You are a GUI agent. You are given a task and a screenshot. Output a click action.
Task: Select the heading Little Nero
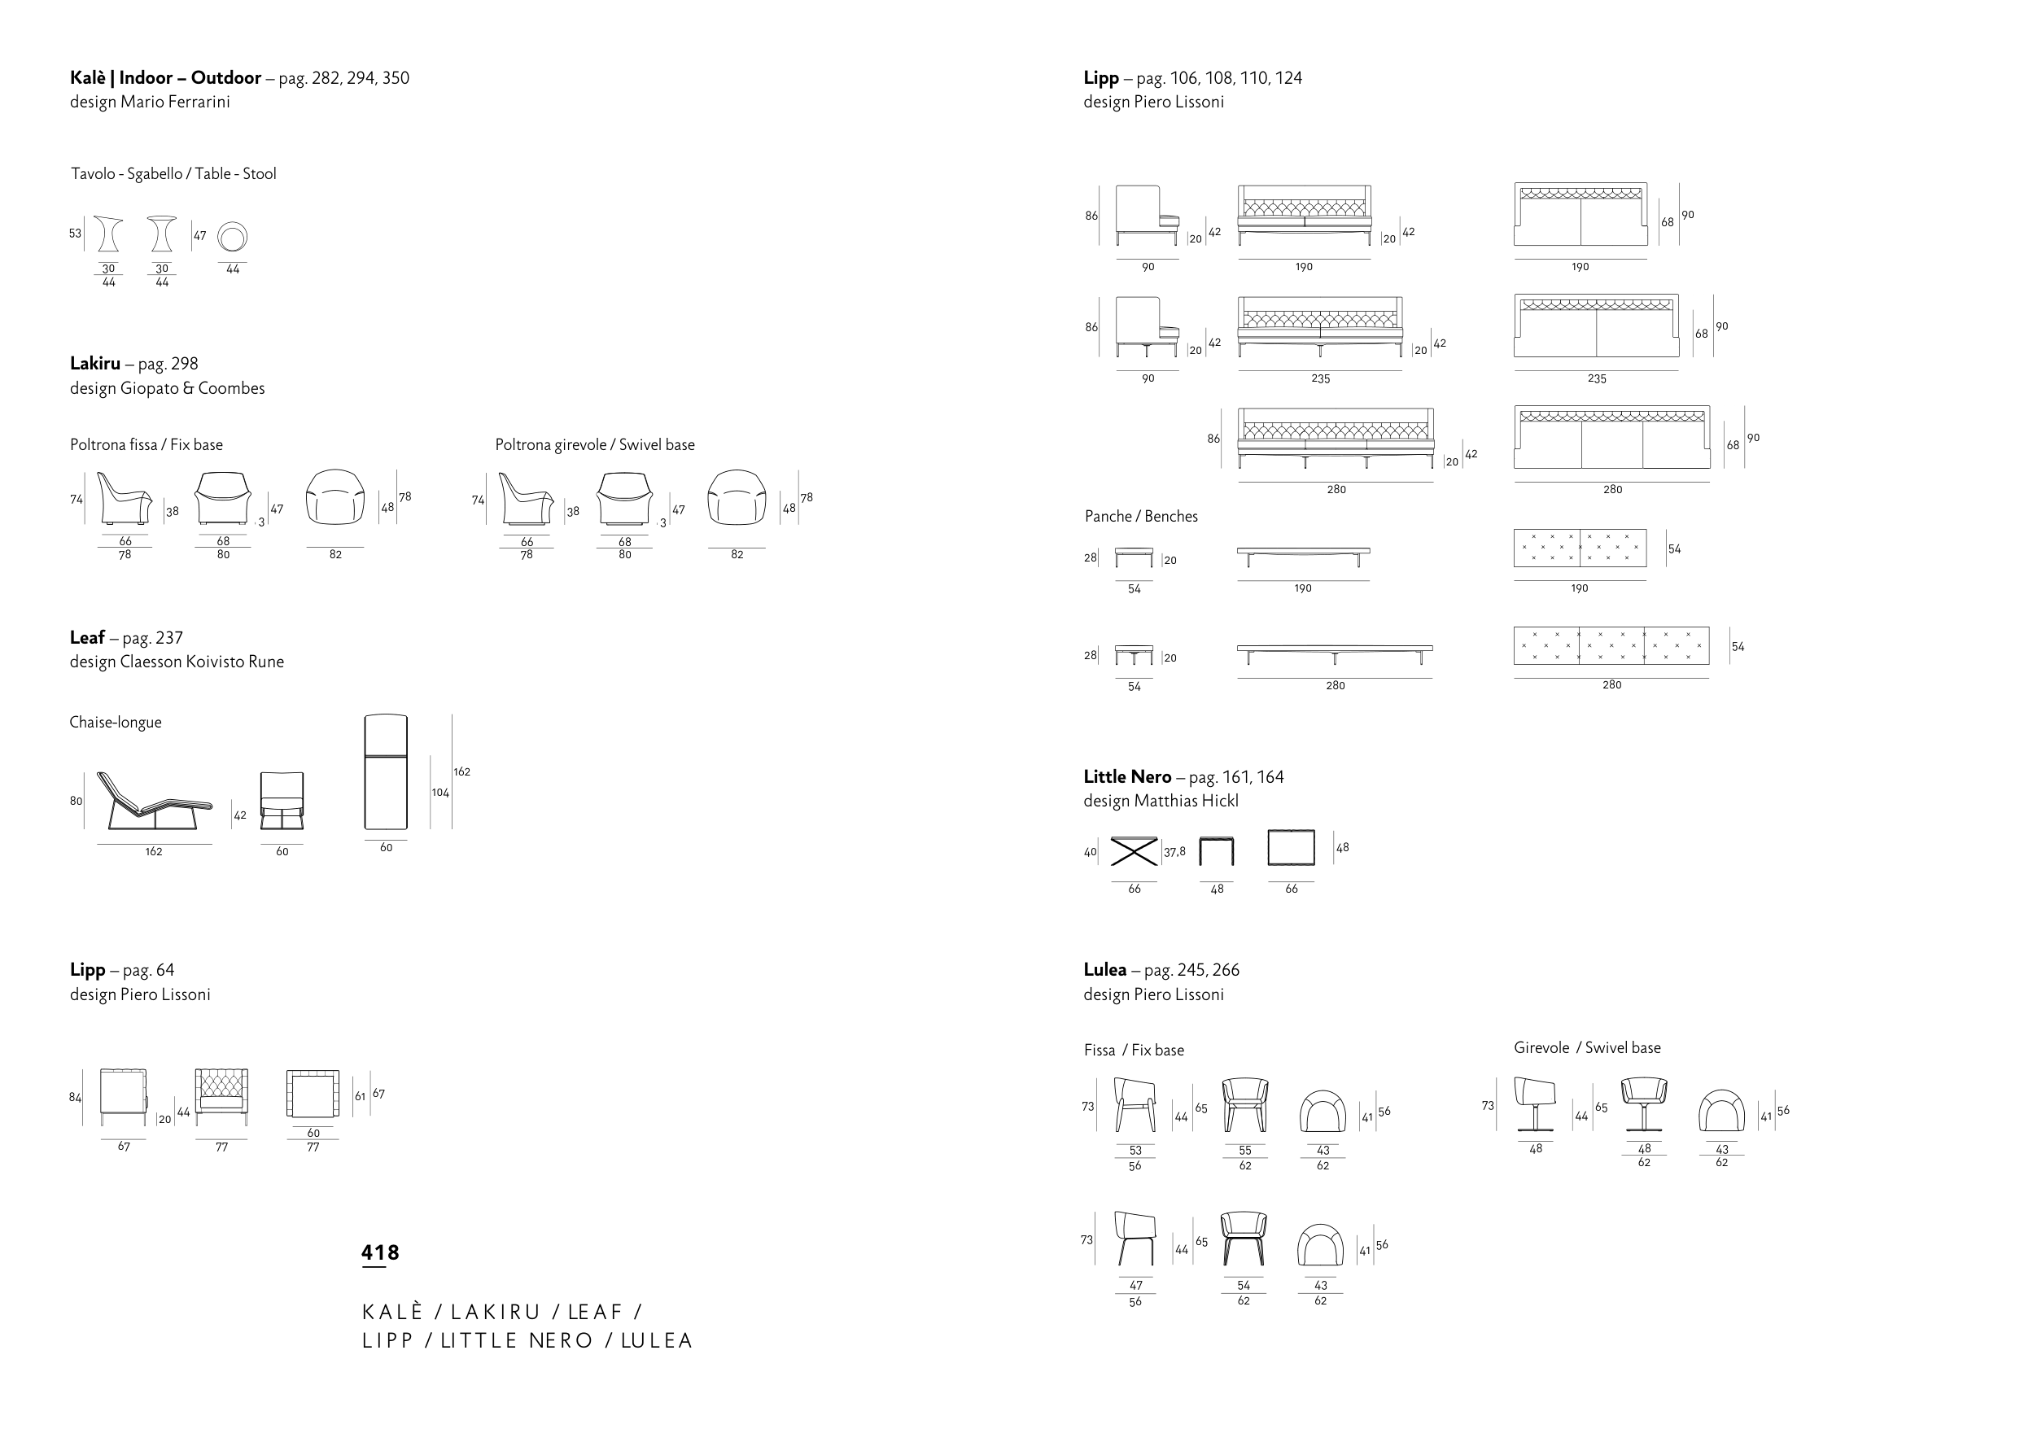(1126, 777)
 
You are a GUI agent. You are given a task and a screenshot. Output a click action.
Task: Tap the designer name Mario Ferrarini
(175, 102)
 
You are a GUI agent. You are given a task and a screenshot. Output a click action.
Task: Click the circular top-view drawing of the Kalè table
(233, 236)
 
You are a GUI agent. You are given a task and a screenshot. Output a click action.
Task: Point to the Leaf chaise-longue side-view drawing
(155, 800)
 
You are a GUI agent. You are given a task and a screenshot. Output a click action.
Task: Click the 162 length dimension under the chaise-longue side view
(154, 851)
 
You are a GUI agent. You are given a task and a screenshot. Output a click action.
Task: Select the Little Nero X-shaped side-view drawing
(1134, 850)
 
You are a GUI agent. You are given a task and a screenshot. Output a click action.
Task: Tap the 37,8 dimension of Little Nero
(1174, 852)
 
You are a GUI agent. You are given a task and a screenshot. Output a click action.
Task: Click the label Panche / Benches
(1141, 517)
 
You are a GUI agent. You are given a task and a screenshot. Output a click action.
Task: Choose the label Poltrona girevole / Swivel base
(595, 445)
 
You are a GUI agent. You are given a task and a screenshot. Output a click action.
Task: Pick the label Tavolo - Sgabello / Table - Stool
(173, 174)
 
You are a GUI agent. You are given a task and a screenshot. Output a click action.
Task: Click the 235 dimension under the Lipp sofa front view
(1320, 378)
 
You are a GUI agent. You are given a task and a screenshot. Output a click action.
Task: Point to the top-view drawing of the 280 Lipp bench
(1611, 645)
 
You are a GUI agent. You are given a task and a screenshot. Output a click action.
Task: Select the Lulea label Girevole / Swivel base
(1586, 1048)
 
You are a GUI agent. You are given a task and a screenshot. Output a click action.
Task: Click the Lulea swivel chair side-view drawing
(1535, 1104)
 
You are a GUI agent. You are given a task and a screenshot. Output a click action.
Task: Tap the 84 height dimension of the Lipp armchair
(76, 1098)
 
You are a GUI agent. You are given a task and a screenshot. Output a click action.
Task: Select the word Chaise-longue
(116, 723)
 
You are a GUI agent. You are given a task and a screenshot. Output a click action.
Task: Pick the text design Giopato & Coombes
(167, 389)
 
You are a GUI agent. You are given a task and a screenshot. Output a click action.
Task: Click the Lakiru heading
(95, 363)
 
